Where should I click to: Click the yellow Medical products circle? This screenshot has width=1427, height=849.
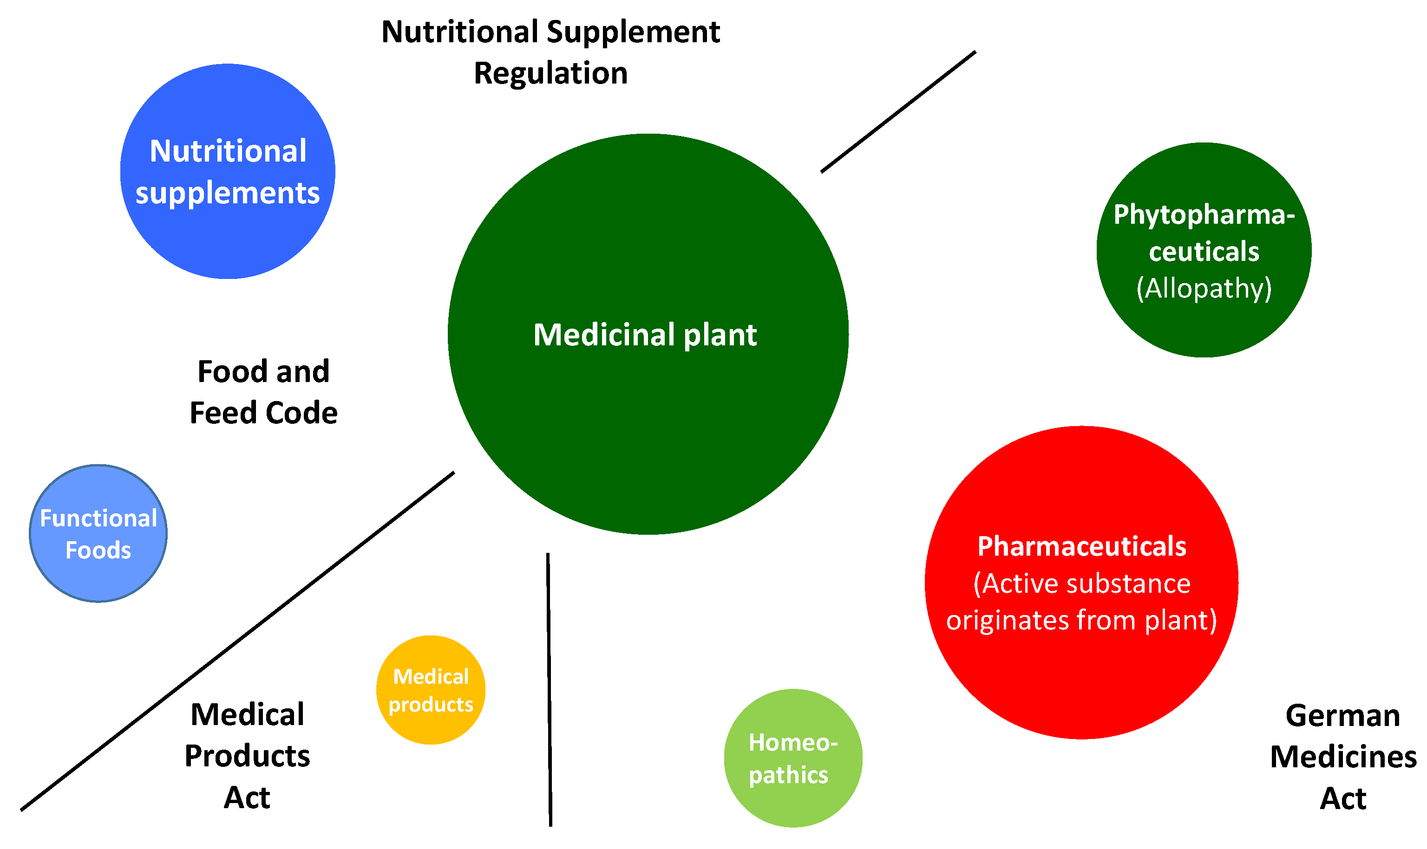coord(431,690)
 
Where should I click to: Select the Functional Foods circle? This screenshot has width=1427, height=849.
coord(98,533)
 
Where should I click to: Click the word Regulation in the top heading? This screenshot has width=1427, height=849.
coord(550,73)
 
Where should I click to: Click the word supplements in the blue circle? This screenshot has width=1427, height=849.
coord(227,193)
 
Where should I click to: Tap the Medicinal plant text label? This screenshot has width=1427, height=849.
coord(645,335)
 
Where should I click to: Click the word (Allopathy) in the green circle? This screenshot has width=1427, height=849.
coord(1203,288)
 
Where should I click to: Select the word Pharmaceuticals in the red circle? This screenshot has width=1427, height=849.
coord(1081,546)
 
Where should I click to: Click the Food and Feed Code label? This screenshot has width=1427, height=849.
coord(263,392)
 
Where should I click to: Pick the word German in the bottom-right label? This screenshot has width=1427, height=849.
coord(1342,716)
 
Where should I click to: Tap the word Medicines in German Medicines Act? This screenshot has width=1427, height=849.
coord(1343,757)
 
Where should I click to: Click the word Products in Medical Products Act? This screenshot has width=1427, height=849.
coord(247,756)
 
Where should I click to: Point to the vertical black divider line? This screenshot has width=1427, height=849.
coord(549,687)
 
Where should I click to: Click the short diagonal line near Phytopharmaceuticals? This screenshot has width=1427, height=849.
coord(897,111)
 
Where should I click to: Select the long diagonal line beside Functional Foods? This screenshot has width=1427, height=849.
coord(237,641)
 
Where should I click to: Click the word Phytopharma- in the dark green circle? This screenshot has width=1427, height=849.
coord(1203,214)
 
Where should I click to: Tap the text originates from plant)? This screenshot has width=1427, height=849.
coord(1081,621)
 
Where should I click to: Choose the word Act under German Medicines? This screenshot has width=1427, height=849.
coord(1342,799)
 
